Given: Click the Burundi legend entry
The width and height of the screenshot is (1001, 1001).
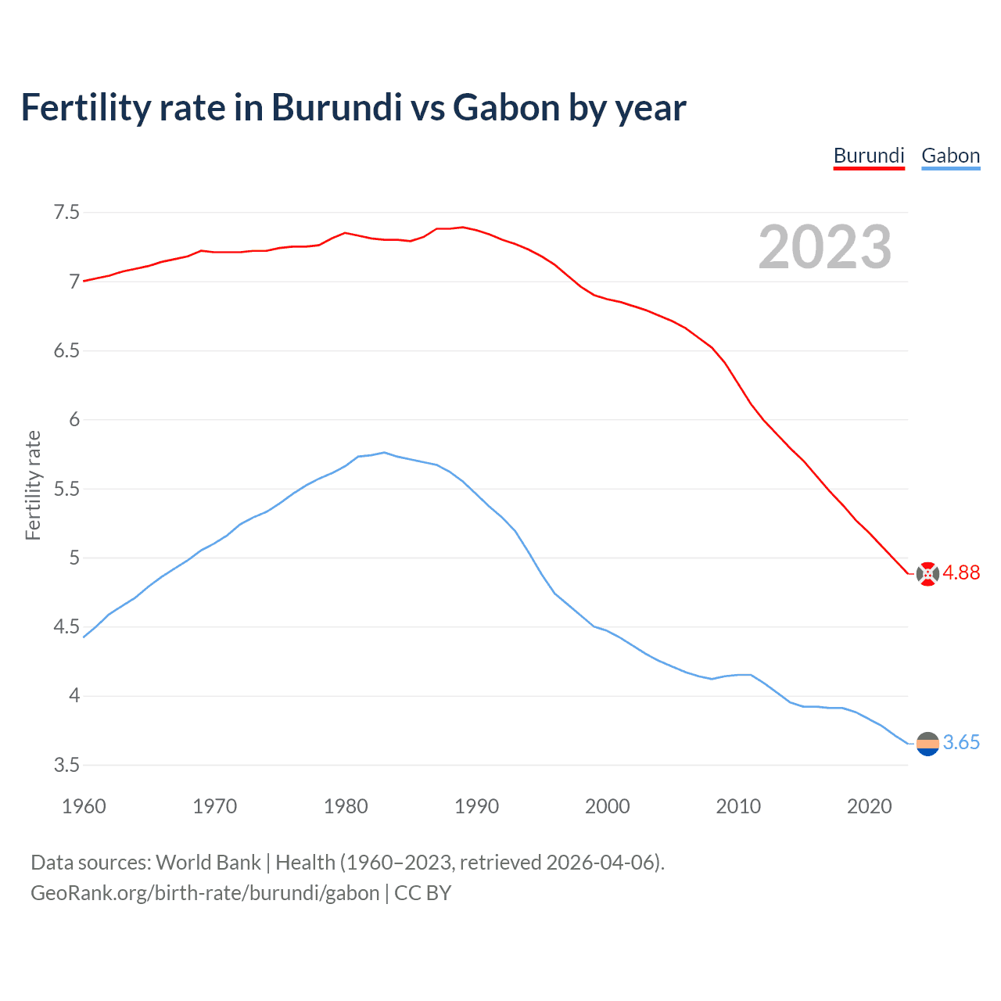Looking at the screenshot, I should click(869, 156).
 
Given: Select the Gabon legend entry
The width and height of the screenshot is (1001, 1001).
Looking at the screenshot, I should click(950, 156).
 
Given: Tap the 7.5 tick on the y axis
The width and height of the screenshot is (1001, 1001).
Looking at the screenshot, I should click(66, 213).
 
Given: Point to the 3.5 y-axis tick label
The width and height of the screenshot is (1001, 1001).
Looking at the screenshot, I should click(66, 765).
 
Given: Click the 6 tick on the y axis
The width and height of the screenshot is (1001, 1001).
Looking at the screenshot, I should click(74, 420).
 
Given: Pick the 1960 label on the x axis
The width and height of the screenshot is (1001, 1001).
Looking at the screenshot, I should click(84, 806).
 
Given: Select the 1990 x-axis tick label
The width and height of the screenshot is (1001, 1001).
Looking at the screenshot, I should click(476, 806).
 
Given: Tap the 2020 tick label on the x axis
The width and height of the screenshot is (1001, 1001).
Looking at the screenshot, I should click(869, 806).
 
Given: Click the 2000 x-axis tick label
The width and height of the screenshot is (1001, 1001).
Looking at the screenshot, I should click(607, 806).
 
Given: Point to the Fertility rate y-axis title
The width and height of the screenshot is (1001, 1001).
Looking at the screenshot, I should click(33, 485).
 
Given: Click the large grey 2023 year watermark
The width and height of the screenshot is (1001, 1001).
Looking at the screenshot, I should click(825, 248).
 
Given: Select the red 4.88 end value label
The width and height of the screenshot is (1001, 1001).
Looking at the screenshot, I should click(961, 573).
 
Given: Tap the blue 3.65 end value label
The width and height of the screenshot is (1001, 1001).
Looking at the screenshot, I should click(961, 743).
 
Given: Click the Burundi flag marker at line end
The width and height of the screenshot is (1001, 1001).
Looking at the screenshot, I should click(927, 574).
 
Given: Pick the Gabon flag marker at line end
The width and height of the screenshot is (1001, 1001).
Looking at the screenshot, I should click(927, 744).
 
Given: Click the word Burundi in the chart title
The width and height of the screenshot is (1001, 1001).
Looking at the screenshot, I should click(336, 108).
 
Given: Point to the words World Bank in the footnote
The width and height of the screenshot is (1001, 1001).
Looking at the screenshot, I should click(208, 863).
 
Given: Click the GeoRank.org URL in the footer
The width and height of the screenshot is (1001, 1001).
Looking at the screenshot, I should click(205, 893).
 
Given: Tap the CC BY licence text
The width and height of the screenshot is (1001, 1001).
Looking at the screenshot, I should click(422, 893).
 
